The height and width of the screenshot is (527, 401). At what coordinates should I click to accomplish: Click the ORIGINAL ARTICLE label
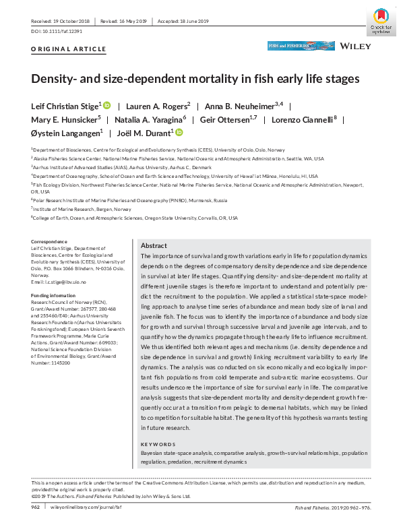click(x=69, y=49)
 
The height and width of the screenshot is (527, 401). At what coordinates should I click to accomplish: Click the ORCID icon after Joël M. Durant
click(x=179, y=133)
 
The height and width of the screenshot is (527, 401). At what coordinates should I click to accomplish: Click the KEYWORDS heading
click(x=158, y=445)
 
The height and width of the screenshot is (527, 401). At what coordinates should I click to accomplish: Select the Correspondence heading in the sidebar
click(x=49, y=241)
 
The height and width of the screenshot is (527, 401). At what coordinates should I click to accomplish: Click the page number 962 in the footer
click(x=36, y=507)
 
